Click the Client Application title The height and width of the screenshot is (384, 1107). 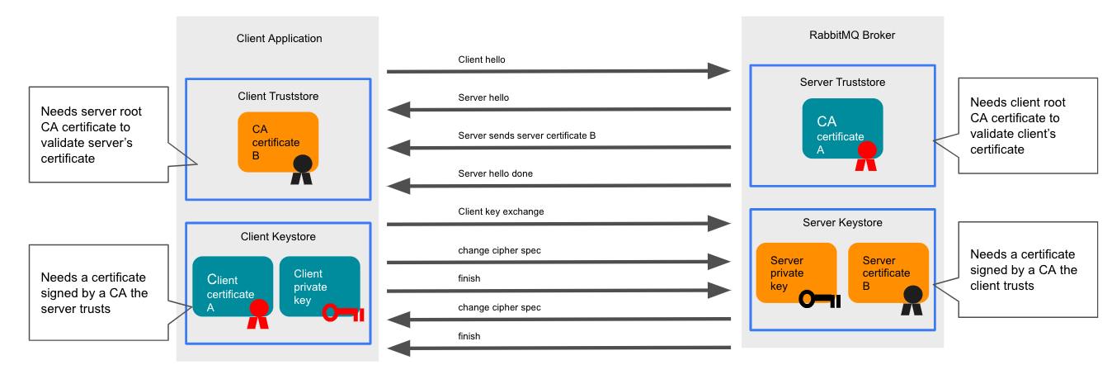(279, 38)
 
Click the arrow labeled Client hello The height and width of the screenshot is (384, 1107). (558, 73)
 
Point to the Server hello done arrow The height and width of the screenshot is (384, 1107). (558, 186)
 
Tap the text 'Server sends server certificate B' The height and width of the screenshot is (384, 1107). (526, 135)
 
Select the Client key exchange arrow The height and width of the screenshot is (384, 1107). (558, 224)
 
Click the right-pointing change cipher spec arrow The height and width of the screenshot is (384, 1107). (558, 263)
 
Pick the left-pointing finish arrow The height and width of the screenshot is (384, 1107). (558, 348)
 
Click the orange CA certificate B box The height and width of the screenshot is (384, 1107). (278, 141)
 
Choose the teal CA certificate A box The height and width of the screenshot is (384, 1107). (842, 128)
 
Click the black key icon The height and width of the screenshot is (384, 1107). (819, 300)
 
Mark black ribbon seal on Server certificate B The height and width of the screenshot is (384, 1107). (912, 300)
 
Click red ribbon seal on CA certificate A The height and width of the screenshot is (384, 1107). (865, 155)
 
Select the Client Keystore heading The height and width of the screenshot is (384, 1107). (278, 237)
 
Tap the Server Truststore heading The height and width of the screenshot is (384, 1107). (842, 82)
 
